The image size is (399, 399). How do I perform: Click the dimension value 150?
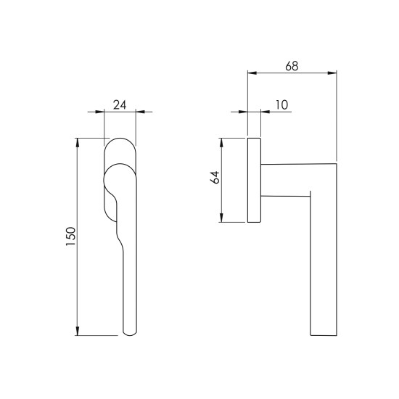click(x=71, y=236)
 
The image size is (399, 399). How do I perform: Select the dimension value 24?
click(x=120, y=105)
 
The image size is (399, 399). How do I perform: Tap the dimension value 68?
click(x=292, y=66)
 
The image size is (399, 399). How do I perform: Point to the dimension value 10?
click(x=281, y=105)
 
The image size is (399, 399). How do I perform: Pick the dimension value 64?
click(x=215, y=177)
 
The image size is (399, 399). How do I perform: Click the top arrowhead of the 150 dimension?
click(x=78, y=142)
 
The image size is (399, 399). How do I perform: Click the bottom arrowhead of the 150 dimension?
click(x=78, y=331)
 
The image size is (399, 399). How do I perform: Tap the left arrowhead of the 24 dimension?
click(x=100, y=112)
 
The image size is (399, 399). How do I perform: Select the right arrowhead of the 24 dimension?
click(x=140, y=112)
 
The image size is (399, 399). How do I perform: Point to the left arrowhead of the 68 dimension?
click(x=252, y=73)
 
